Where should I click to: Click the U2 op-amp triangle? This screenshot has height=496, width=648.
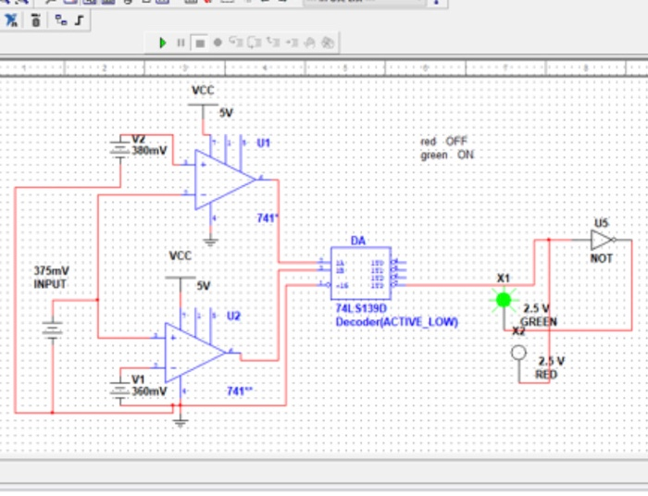192,352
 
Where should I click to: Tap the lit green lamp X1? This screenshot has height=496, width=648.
504,299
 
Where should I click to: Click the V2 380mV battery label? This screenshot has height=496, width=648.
149,144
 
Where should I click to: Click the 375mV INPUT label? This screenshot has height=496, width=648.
51,277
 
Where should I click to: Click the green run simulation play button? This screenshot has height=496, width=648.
163,43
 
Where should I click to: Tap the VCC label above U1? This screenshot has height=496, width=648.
204,91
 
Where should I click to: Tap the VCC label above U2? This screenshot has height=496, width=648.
181,255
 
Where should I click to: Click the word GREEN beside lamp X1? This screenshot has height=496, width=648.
538,322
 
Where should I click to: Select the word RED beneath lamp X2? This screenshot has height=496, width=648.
546,374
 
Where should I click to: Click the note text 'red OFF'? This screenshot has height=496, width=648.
444,141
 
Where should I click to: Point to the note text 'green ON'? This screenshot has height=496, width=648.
447,155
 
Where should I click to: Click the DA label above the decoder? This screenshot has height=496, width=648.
357,241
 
